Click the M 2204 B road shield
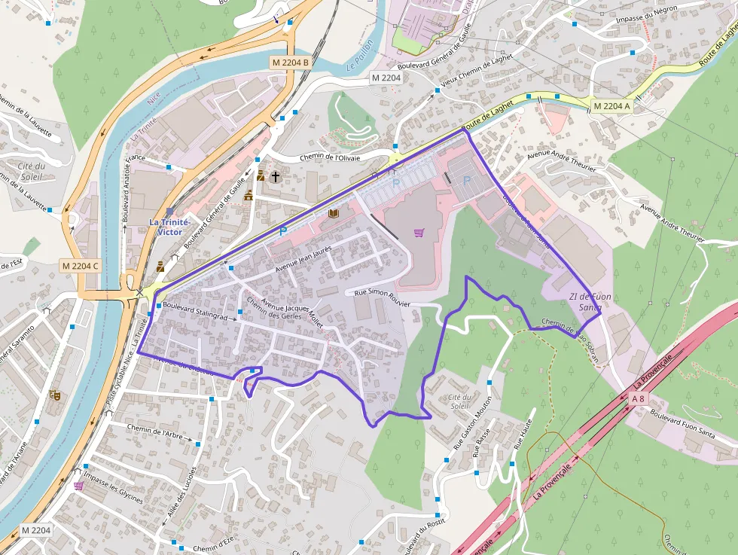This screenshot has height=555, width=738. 291,62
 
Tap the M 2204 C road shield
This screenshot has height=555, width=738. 80,265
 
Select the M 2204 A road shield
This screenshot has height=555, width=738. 611,106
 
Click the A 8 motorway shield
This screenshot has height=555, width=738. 639,398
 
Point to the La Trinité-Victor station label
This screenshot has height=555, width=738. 170,227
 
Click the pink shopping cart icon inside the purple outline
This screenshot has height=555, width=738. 419,233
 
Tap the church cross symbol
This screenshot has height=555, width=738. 276,177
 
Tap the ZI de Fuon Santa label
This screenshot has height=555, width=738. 590,301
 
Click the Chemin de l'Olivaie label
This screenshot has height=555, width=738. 330,157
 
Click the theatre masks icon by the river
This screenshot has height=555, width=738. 54,394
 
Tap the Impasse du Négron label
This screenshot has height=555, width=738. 645,13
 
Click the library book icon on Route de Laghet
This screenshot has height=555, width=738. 334,214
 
